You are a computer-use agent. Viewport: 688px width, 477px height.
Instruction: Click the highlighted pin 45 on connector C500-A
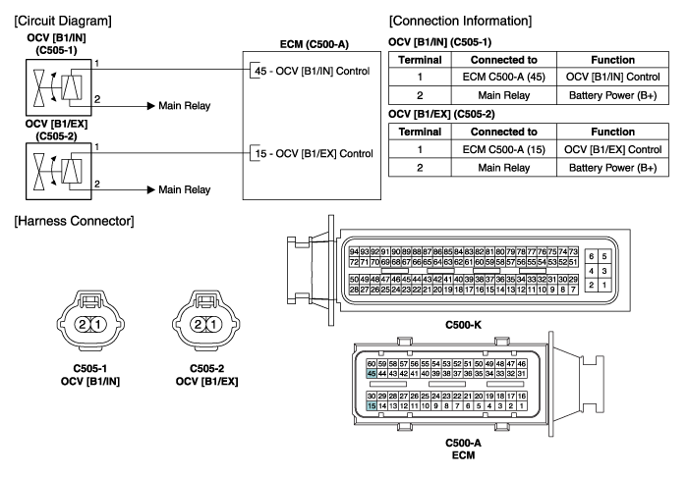point(371,373)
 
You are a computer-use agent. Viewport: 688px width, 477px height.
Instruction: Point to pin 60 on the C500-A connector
point(371,363)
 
